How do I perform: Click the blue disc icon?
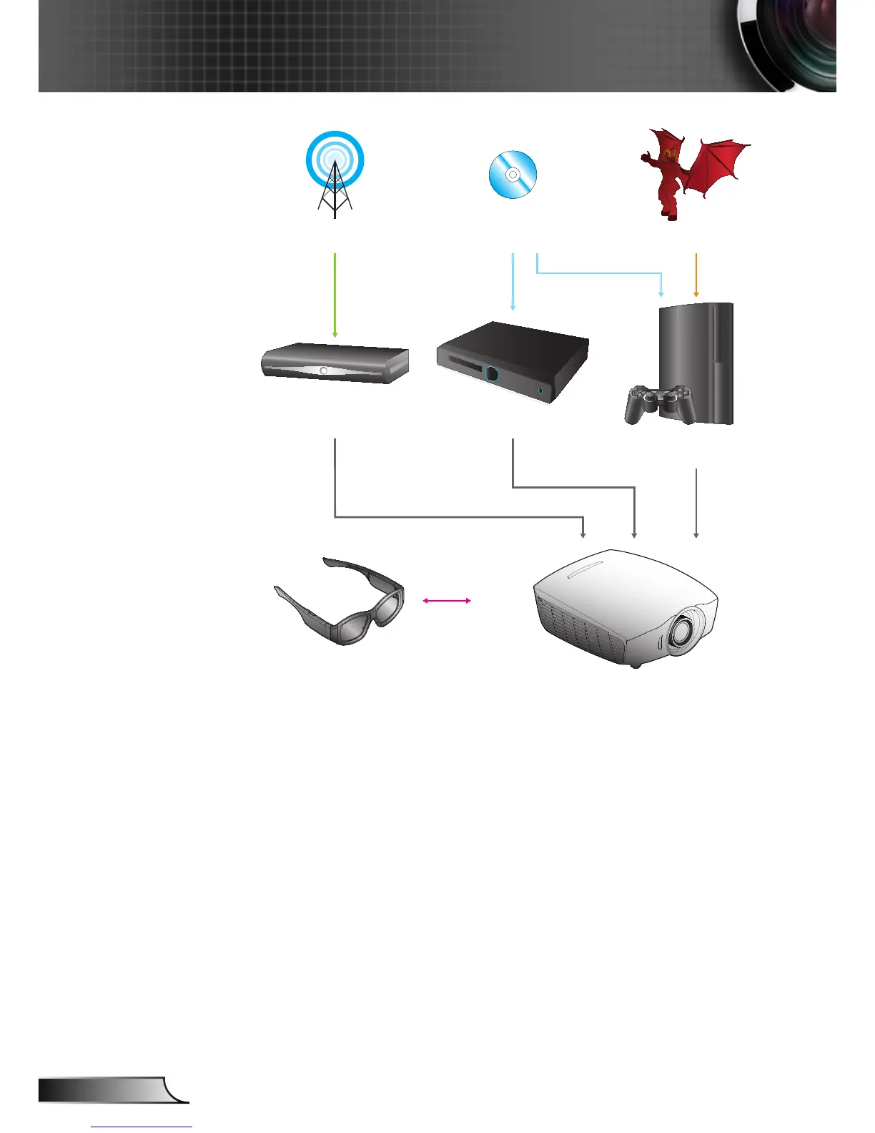(513, 175)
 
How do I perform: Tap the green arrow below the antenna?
(335, 293)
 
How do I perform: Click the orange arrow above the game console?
(696, 275)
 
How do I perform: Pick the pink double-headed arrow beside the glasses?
(447, 601)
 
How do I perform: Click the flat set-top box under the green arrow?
(335, 363)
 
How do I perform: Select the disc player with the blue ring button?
(513, 361)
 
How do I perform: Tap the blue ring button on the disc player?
(492, 373)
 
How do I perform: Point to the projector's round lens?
(682, 629)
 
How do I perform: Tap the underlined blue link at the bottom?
(142, 1127)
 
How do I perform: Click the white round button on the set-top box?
(324, 371)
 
